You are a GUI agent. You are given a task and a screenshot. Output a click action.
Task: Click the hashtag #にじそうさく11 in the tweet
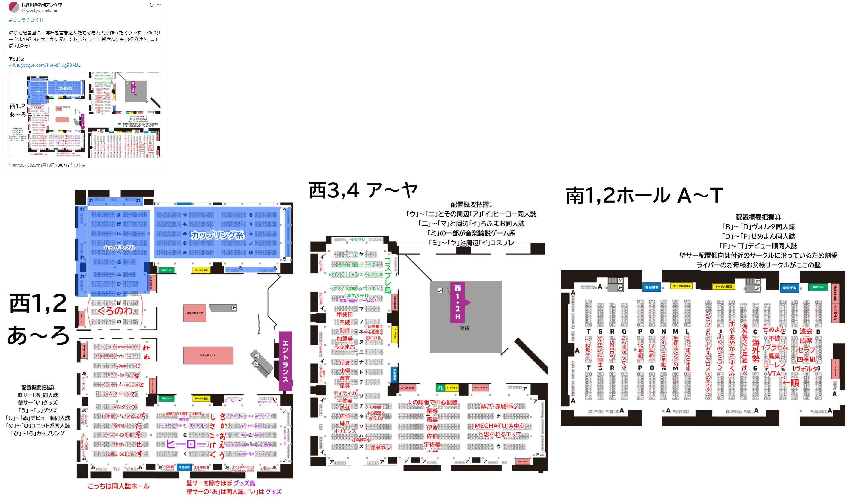pyautogui.click(x=26, y=20)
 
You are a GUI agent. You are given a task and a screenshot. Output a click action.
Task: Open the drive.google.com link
pyautogui.click(x=45, y=65)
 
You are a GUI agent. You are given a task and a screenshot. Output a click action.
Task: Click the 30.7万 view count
pyautogui.click(x=63, y=165)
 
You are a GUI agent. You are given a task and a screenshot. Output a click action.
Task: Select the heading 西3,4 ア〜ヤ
pyautogui.click(x=363, y=190)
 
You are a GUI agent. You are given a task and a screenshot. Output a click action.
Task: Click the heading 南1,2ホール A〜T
pyautogui.click(x=644, y=196)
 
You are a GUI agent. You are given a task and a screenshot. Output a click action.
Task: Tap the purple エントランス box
pyautogui.click(x=285, y=361)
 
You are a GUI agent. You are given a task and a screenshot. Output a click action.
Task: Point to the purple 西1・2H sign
pyautogui.click(x=458, y=302)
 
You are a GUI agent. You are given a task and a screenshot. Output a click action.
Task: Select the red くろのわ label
pyautogui.click(x=115, y=311)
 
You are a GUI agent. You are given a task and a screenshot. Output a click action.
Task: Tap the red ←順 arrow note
pyautogui.click(x=790, y=383)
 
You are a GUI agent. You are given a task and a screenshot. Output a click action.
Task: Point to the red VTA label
pyautogui.click(x=774, y=374)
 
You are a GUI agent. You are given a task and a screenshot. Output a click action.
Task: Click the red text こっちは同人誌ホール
pyautogui.click(x=118, y=486)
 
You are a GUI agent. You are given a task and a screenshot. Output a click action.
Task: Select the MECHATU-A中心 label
pyautogui.click(x=499, y=426)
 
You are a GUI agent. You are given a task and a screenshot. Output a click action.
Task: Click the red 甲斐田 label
pyautogui.click(x=345, y=314)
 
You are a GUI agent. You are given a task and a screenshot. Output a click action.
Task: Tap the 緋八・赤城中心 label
pyautogui.click(x=499, y=406)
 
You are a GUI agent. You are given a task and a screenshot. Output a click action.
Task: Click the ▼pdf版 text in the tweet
pyautogui.click(x=16, y=59)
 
